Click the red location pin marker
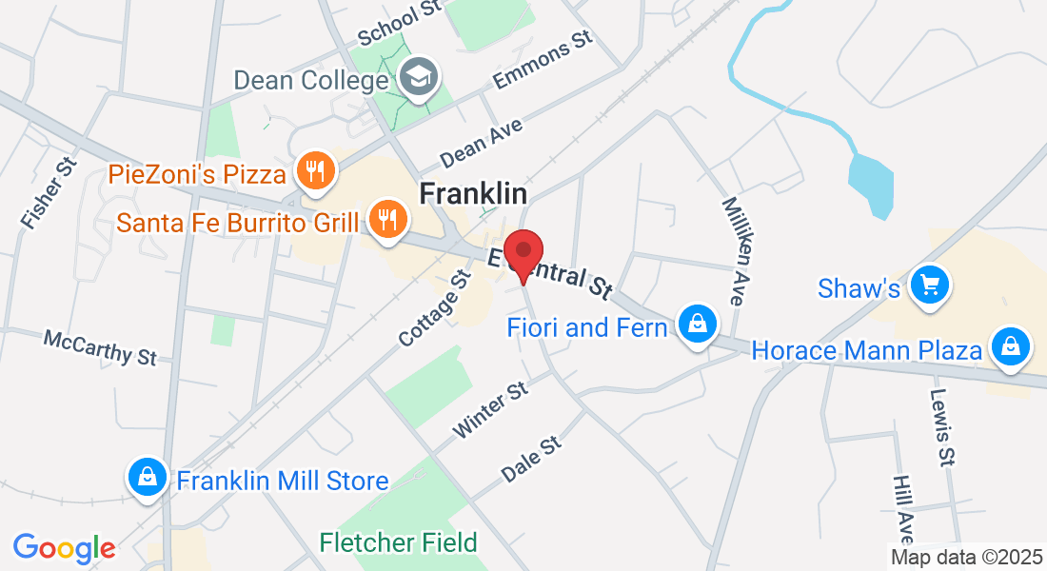click(523, 253)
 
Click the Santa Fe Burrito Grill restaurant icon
click(386, 219)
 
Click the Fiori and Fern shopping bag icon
click(698, 324)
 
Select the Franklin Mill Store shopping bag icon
click(148, 477)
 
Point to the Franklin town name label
click(473, 193)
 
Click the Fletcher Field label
click(398, 543)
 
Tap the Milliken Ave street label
click(732, 250)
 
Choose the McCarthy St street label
click(100, 347)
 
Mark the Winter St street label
click(490, 410)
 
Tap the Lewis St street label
click(942, 427)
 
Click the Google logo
click(64, 548)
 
